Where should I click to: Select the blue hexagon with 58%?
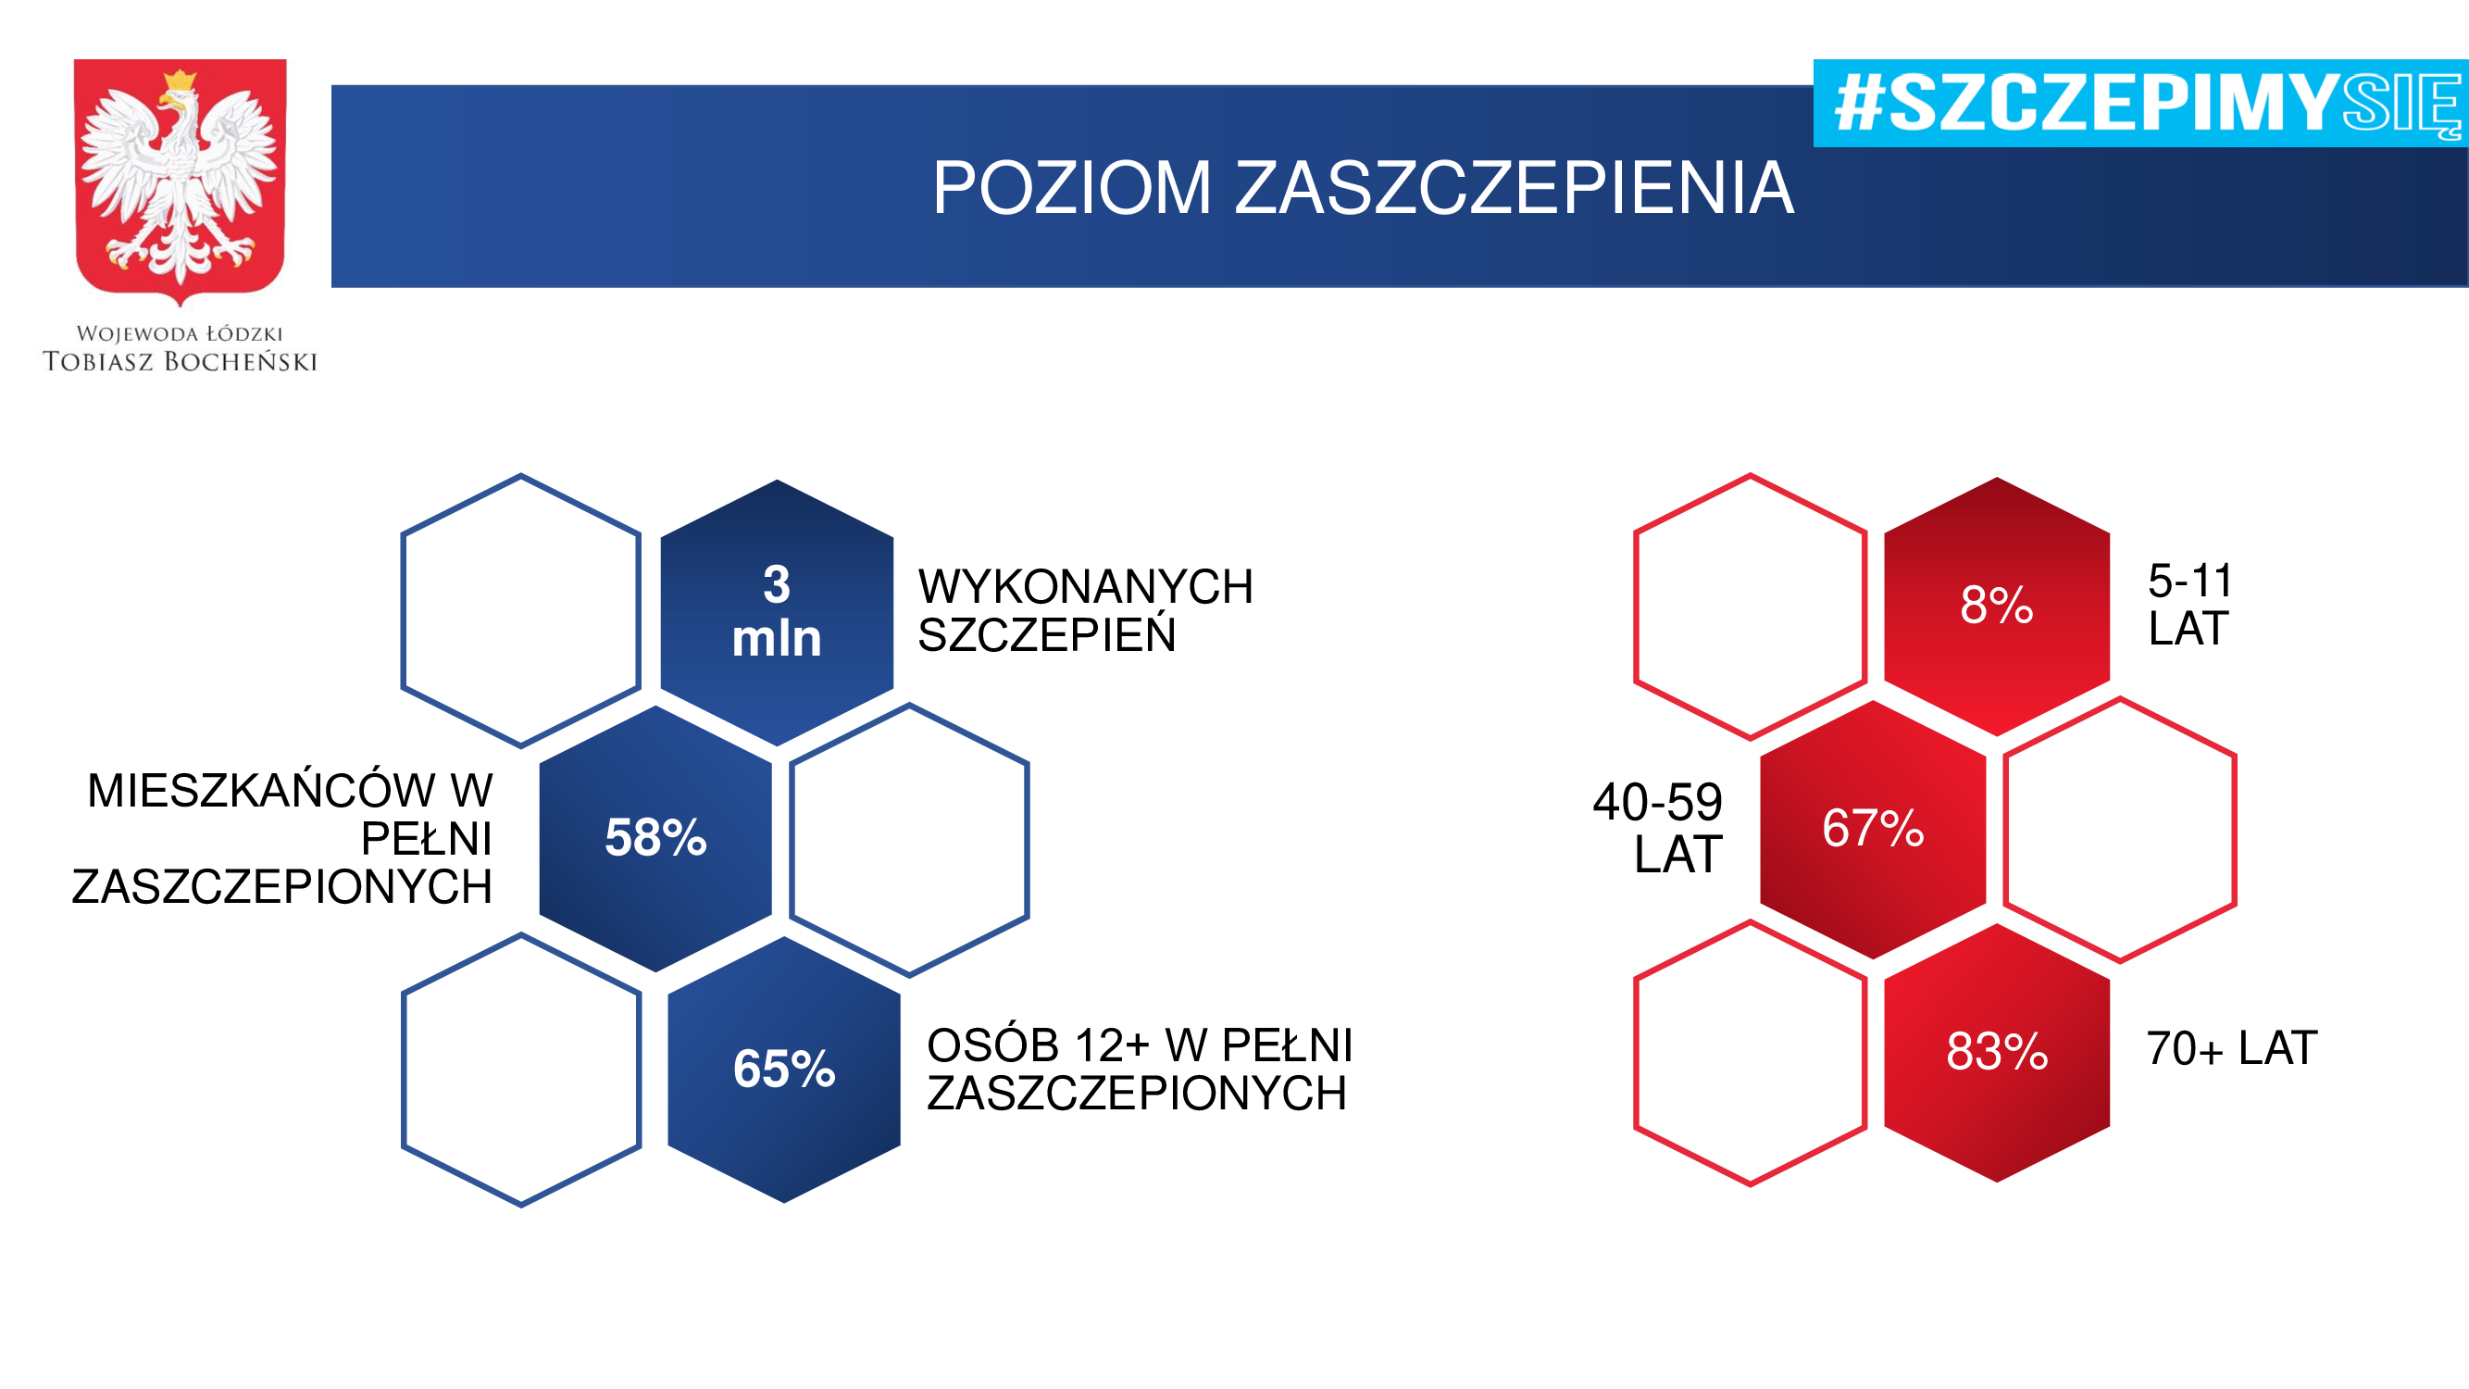655,839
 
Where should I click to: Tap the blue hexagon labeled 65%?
784,1069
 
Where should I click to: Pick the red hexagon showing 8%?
1997,607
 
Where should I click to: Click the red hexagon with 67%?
1873,829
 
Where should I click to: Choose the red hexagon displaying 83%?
1997,1053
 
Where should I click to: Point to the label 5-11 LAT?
2190,605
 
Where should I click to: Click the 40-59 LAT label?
1658,827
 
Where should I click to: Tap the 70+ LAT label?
2231,1047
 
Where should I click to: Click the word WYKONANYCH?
1085,587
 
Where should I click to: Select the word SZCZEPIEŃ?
1047,633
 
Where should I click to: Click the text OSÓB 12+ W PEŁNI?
1140,1044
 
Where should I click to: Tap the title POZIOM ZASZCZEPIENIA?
1363,187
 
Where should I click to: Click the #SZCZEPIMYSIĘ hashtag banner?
2140,104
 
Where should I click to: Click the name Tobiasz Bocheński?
181,361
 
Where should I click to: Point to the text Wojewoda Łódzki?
181,333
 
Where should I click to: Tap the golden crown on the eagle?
180,79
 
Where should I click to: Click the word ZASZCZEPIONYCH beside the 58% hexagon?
281,887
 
